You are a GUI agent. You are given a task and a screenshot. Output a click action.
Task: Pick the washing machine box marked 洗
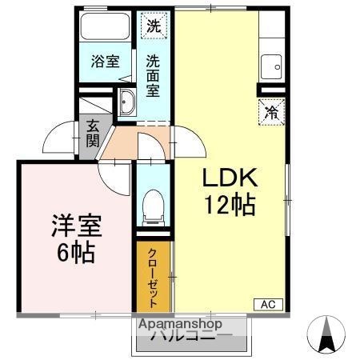pyautogui.click(x=153, y=25)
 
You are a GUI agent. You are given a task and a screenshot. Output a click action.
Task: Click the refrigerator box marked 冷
pyautogui.click(x=272, y=113)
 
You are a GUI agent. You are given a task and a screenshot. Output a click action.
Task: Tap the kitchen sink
pyautogui.click(x=273, y=63)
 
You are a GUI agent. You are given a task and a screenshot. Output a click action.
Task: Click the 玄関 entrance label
pyautogui.click(x=93, y=133)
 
